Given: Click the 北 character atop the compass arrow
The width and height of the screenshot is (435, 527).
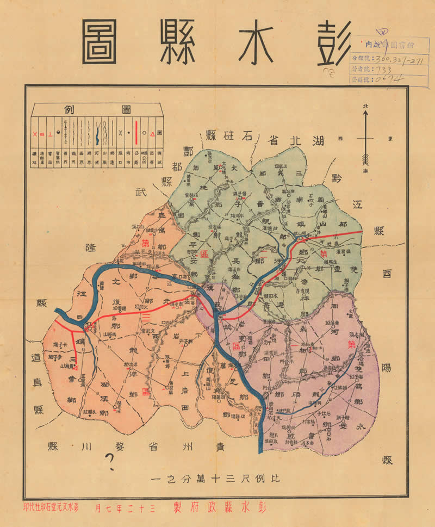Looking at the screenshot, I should point(365,107).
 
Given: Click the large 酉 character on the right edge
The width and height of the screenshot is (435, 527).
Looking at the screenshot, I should point(387,274).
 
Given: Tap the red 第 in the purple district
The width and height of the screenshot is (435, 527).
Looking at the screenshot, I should point(351,344).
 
